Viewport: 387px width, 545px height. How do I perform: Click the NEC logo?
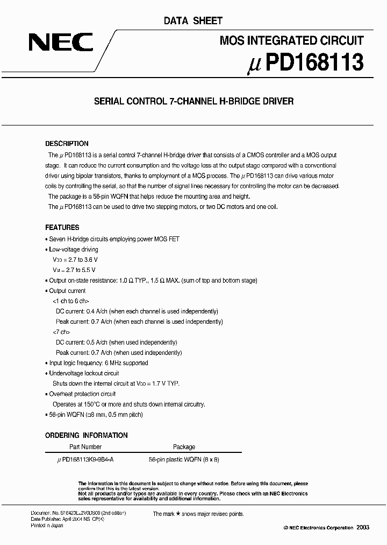(x=60, y=43)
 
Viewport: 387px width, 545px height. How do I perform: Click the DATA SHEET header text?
(x=193, y=20)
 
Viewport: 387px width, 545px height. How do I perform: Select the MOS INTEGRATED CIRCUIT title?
(x=292, y=40)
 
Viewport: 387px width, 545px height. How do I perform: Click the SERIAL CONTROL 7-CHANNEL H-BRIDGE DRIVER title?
(x=193, y=101)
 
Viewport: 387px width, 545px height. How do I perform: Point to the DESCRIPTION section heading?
(x=67, y=144)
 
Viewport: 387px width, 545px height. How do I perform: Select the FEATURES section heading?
(x=62, y=227)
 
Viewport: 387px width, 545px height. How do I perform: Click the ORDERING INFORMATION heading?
(x=86, y=435)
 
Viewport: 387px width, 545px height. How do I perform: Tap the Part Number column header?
(x=85, y=447)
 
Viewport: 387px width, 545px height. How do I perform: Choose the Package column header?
(x=184, y=447)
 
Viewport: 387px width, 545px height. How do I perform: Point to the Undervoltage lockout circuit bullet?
(x=84, y=373)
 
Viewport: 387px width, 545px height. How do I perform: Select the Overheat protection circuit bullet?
(x=82, y=394)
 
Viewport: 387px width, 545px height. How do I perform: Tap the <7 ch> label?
(x=61, y=332)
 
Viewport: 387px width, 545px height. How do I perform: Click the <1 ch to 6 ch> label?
(x=70, y=301)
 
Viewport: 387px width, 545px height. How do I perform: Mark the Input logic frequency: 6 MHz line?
(x=98, y=363)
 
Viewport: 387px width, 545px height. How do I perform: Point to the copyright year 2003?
(x=362, y=528)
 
